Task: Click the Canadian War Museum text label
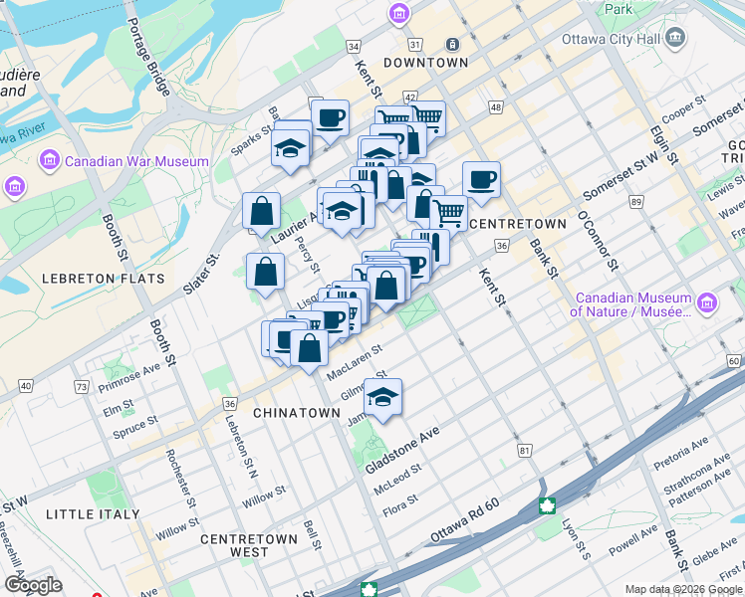[x=137, y=161]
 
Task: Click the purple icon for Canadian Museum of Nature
[x=707, y=303]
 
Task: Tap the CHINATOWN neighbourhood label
[x=297, y=412]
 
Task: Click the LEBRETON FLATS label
[x=104, y=279]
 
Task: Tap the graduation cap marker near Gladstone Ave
[x=382, y=396]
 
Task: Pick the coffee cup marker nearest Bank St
[x=481, y=179]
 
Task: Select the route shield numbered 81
[x=524, y=451]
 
